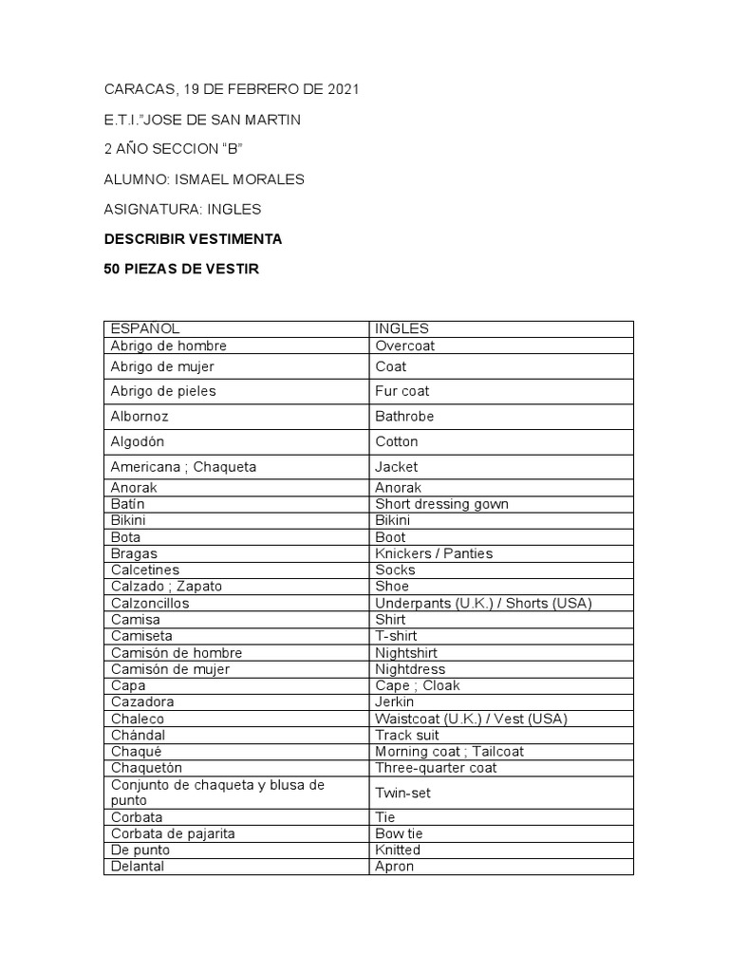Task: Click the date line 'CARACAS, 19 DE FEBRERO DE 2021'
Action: (232, 90)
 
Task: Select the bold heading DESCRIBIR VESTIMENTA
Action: (193, 239)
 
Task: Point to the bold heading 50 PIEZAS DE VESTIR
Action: (180, 270)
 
